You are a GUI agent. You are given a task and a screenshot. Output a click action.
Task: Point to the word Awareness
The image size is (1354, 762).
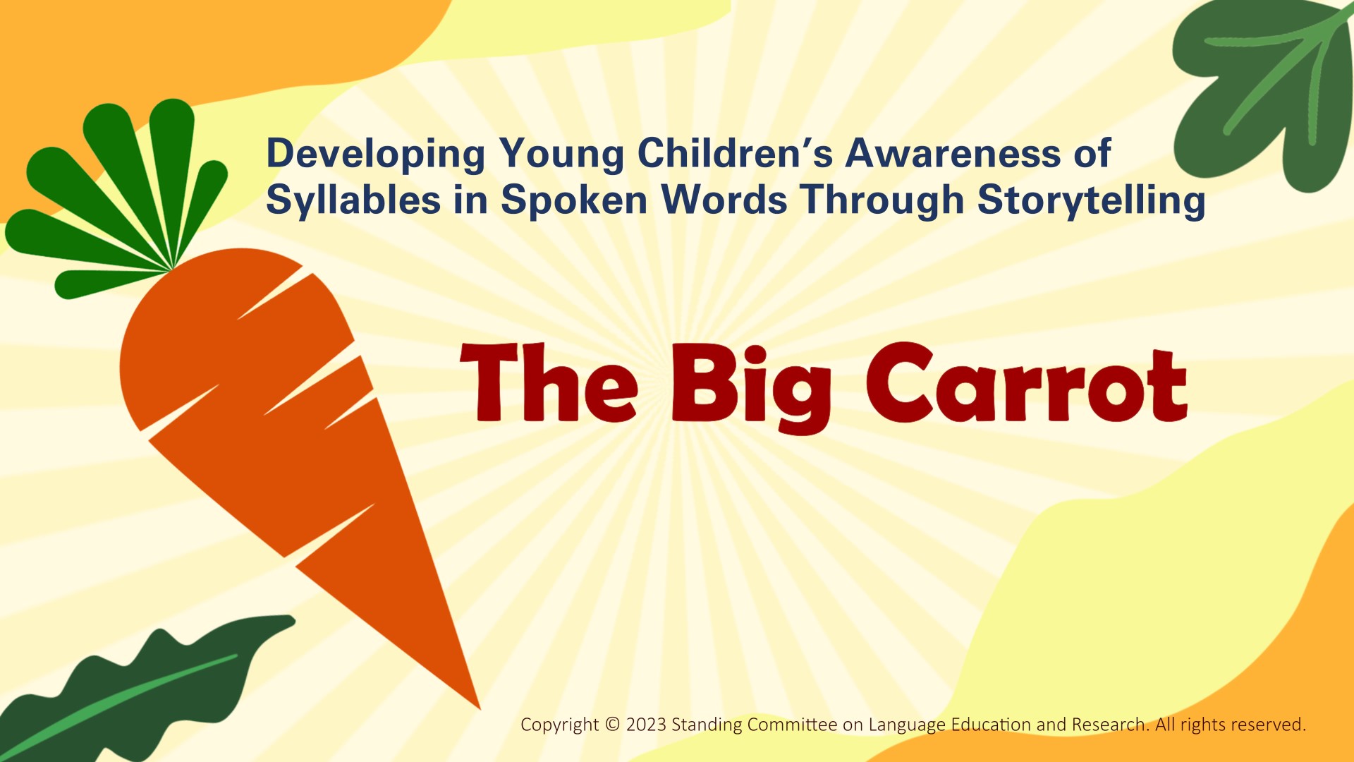952,153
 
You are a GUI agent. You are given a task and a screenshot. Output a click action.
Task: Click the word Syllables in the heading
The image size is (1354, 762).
353,200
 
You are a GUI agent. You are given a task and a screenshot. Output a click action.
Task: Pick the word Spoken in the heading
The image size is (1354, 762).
574,200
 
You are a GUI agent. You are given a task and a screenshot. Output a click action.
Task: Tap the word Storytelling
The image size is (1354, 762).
1091,200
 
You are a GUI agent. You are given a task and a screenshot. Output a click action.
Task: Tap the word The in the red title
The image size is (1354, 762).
549,382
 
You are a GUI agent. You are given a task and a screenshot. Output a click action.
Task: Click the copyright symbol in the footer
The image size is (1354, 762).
612,725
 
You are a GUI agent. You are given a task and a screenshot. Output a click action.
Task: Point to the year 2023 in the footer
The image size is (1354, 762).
646,725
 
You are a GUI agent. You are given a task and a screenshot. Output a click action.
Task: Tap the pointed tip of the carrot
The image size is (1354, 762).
479,708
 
